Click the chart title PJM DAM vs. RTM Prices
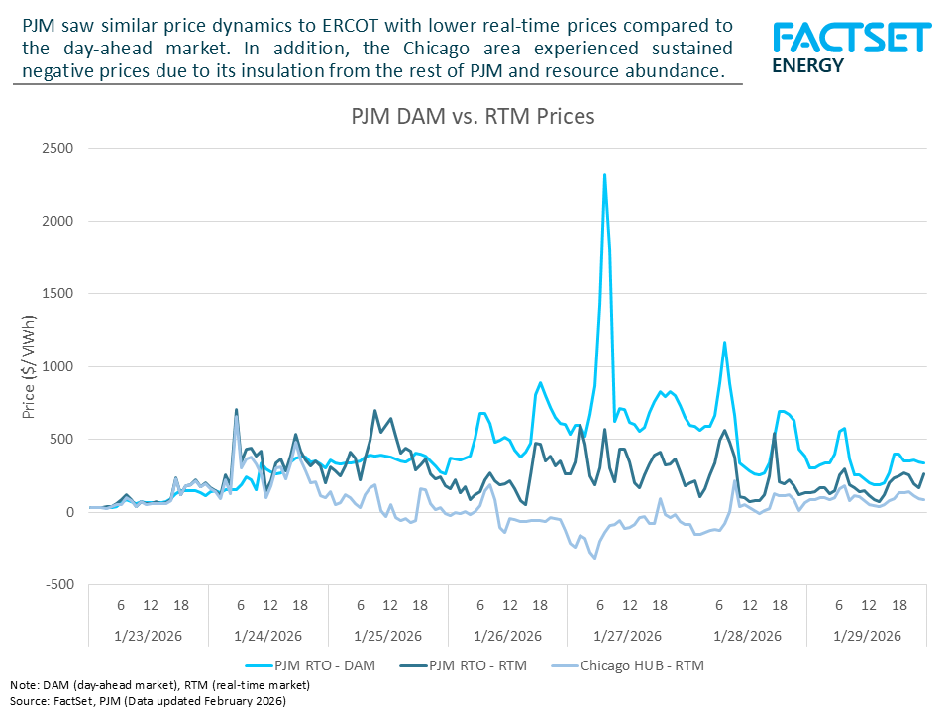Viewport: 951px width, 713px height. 473,116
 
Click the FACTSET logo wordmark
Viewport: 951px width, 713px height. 851,38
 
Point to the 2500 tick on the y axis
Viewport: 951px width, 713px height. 60,148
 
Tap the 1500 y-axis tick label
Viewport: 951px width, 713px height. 60,293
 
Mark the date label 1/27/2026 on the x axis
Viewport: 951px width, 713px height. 627,635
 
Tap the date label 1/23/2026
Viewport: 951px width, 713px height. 149,635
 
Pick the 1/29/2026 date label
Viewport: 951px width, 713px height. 867,635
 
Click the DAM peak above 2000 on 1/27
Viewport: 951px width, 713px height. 604,175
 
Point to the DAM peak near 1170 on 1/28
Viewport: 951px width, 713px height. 724,343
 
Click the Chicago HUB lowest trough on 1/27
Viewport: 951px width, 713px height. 594,558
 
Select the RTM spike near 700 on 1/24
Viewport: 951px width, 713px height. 236,409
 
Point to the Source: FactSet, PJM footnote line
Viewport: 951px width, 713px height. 148,700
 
